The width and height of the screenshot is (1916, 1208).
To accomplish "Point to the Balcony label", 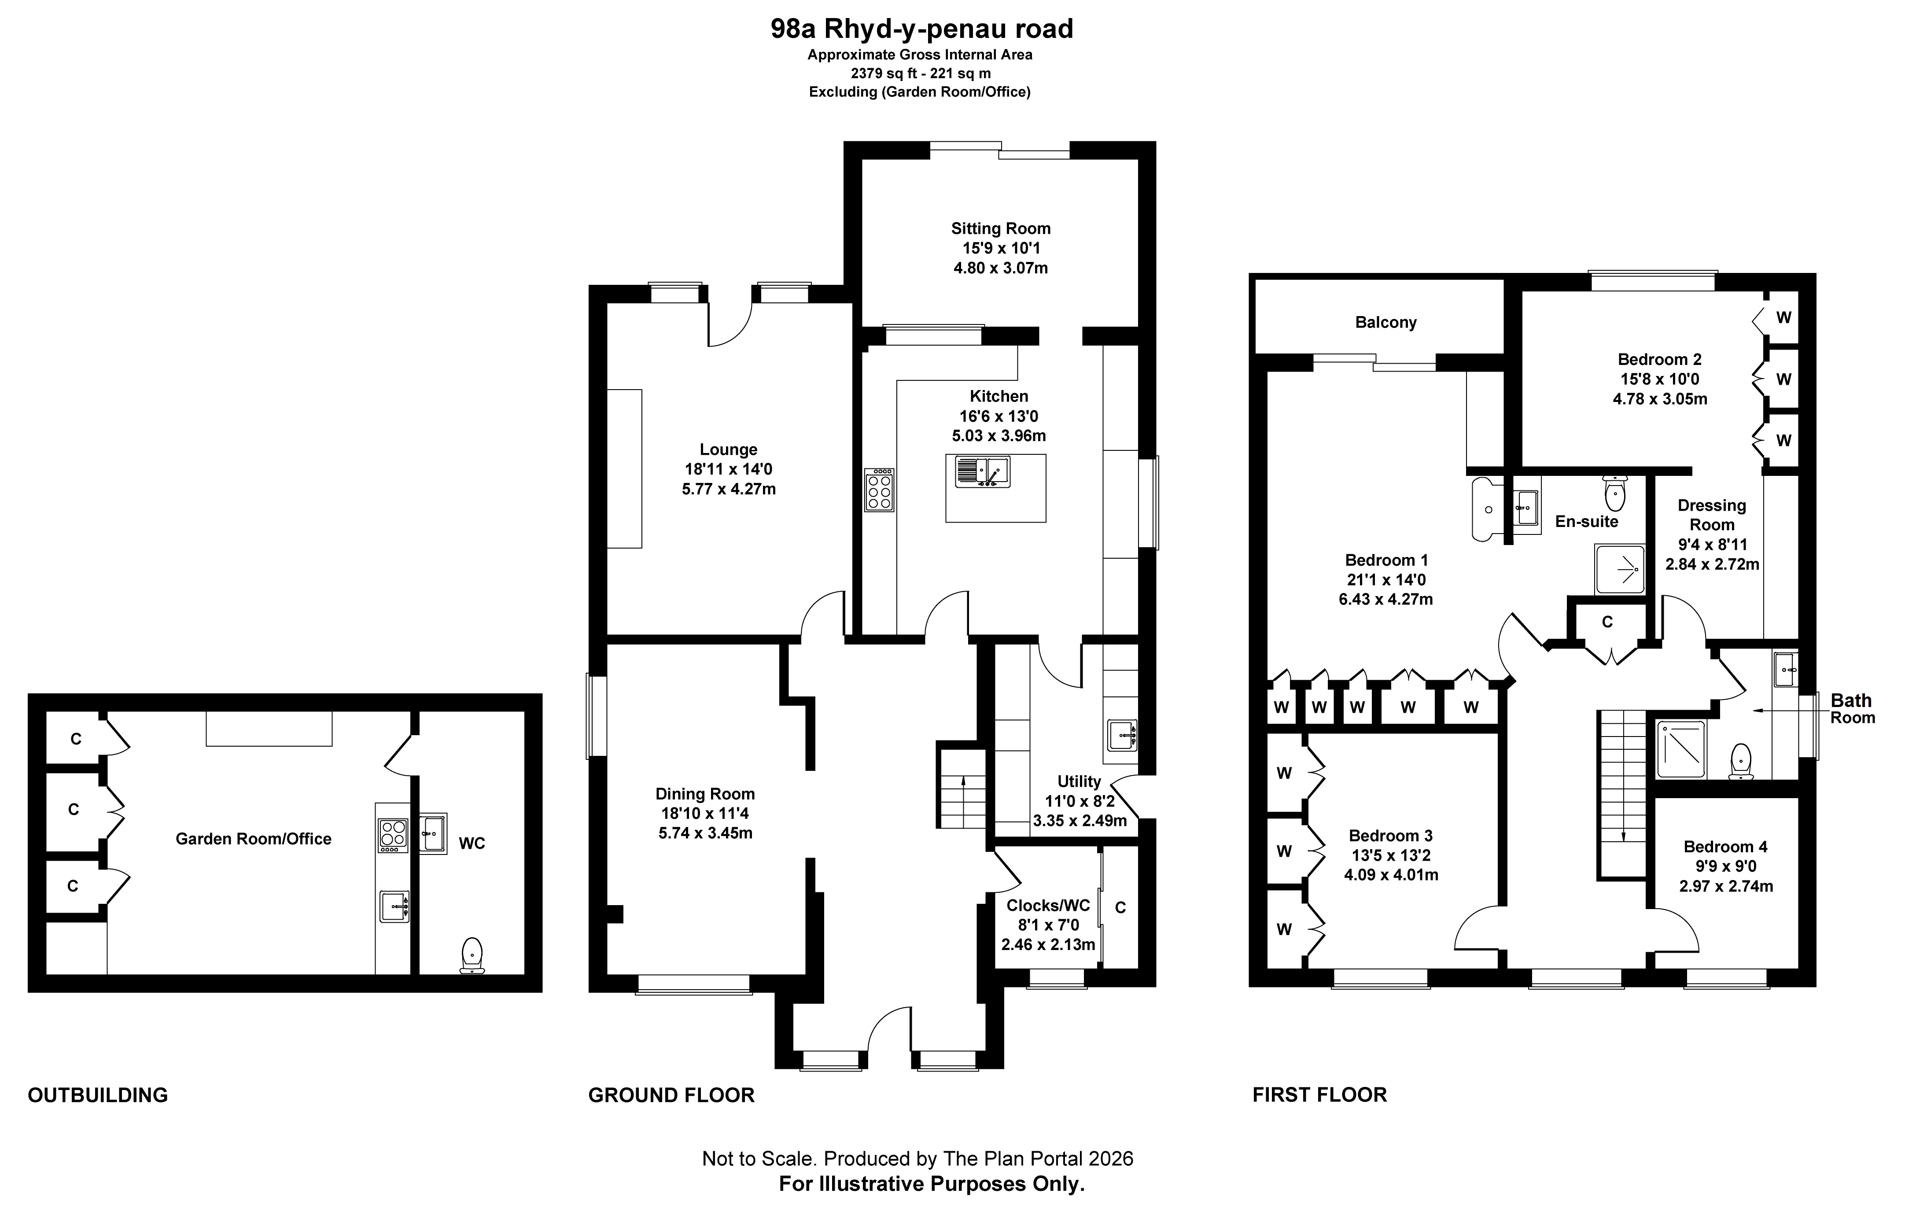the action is [x=1385, y=322].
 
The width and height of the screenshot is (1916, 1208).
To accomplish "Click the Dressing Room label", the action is [x=1712, y=515].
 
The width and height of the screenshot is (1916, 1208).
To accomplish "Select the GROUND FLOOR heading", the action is [x=671, y=1095].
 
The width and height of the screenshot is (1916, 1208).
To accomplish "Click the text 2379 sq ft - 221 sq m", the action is [x=921, y=73].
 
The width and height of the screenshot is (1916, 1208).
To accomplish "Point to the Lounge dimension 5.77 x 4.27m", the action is [x=728, y=489].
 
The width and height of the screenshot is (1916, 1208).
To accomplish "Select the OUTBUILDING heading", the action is [x=98, y=1095].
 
